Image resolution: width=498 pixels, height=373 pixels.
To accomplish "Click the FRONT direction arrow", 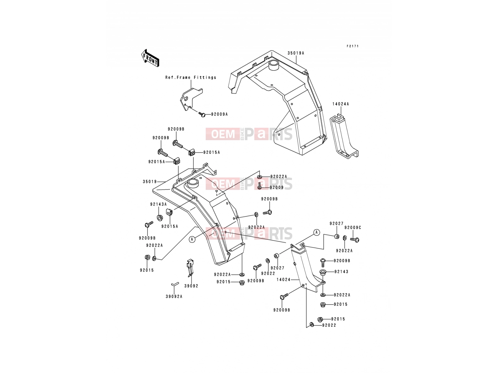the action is (150, 58).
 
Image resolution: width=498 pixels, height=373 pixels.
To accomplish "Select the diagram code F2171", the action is (353, 46).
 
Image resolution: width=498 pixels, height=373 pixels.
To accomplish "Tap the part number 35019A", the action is (296, 53).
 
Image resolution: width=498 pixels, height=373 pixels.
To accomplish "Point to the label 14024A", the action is (341, 104).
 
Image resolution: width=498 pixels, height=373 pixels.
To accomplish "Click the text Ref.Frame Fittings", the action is (190, 77).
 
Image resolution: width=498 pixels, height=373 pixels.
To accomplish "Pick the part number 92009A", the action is (219, 114).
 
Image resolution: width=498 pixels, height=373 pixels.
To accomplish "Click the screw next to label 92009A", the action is (202, 115).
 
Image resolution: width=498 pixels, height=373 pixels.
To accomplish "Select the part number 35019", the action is (149, 182).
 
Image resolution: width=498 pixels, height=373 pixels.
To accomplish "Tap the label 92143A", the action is (158, 204).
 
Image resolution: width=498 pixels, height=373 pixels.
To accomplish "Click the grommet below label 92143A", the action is (160, 218).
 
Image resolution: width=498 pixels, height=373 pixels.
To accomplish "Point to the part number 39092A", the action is (174, 297).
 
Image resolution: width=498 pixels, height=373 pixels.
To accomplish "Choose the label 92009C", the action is (353, 228).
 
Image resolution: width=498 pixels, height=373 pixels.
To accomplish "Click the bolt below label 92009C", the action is (355, 240).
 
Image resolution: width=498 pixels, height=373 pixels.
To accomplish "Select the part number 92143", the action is (341, 272).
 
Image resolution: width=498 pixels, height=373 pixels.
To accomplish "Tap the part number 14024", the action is (283, 280).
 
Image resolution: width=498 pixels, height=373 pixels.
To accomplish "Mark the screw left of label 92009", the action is (260, 186).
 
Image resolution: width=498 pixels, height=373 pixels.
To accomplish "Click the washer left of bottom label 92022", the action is (312, 325).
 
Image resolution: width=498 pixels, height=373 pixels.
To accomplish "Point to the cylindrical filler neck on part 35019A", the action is (273, 66).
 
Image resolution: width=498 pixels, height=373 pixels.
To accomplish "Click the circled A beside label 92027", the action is (317, 233).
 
